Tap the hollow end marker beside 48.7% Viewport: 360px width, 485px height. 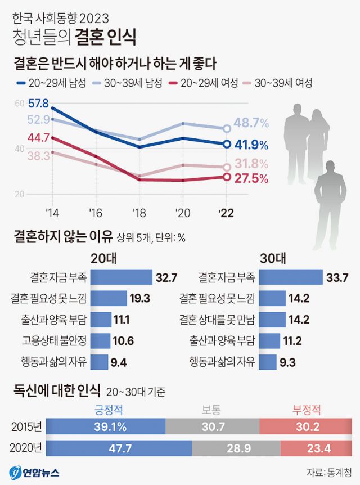point(227,129)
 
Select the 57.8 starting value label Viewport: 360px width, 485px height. point(38,104)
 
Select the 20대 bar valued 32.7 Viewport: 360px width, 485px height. point(121,277)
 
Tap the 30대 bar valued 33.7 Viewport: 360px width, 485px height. point(292,277)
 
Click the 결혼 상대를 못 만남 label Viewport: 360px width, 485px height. point(217,320)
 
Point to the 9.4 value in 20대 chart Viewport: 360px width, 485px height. point(119,362)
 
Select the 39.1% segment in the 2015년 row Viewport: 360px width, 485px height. point(106,426)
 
